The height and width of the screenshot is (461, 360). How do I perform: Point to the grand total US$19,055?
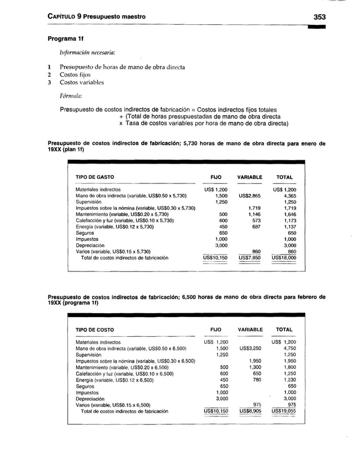[x=284, y=411]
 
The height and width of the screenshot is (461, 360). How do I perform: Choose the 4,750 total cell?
[x=288, y=349]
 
